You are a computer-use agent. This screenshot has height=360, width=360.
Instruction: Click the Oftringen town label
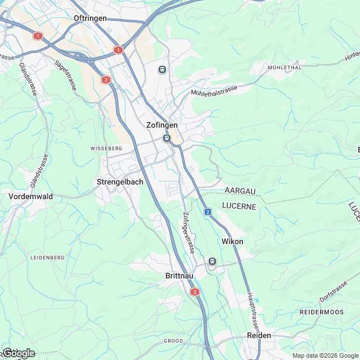90,18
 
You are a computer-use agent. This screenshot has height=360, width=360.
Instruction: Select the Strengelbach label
120,182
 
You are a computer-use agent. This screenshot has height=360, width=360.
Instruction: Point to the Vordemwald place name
30,196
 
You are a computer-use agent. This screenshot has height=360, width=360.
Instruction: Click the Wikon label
233,241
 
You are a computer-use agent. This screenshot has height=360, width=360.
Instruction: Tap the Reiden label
259,335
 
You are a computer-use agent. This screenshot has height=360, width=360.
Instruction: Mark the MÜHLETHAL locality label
285,67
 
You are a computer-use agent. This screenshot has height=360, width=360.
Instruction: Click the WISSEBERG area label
106,148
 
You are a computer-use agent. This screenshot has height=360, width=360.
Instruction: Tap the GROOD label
173,341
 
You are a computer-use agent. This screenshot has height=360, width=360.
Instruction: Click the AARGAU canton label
240,191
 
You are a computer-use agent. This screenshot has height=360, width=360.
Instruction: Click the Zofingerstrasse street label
188,232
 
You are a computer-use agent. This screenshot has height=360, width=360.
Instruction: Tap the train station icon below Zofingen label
166,138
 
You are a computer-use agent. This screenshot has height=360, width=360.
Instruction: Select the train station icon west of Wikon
212,261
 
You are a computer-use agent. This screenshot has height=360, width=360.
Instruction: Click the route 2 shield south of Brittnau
195,292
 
